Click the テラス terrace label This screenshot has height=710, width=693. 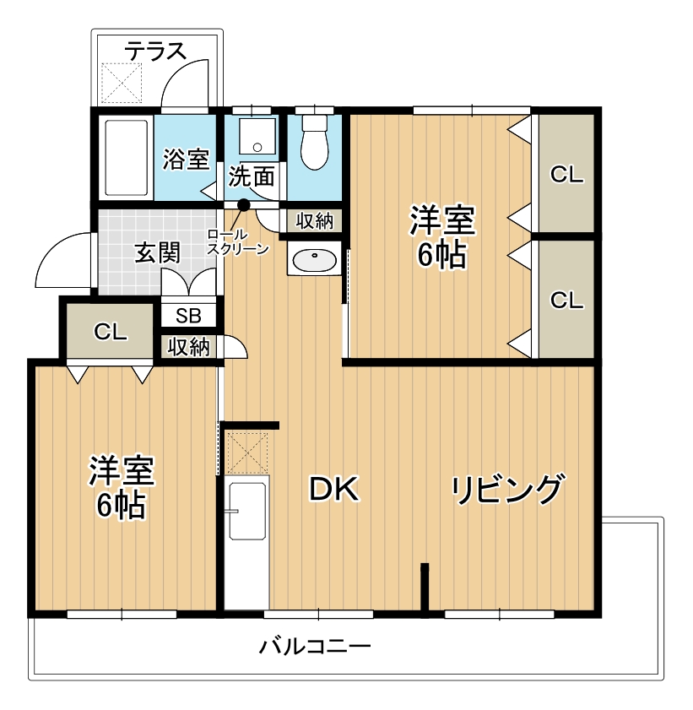(x=155, y=51)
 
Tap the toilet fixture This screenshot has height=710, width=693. (x=315, y=142)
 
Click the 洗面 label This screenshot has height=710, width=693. (x=252, y=176)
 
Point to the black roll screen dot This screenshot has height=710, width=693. (x=244, y=205)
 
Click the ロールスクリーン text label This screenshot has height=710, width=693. (x=236, y=241)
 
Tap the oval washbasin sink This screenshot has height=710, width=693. (x=315, y=261)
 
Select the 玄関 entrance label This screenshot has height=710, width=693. (x=158, y=252)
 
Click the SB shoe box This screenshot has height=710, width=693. (x=188, y=316)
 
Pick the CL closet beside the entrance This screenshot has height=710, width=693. (x=110, y=331)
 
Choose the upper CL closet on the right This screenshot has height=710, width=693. (x=566, y=173)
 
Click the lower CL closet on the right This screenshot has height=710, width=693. (x=566, y=300)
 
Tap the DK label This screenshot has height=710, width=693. (x=334, y=489)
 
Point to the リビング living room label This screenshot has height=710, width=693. (x=508, y=490)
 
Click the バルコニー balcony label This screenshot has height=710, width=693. (x=315, y=646)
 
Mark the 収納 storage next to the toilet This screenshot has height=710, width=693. (x=315, y=221)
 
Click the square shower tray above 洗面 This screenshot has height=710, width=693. (x=257, y=136)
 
